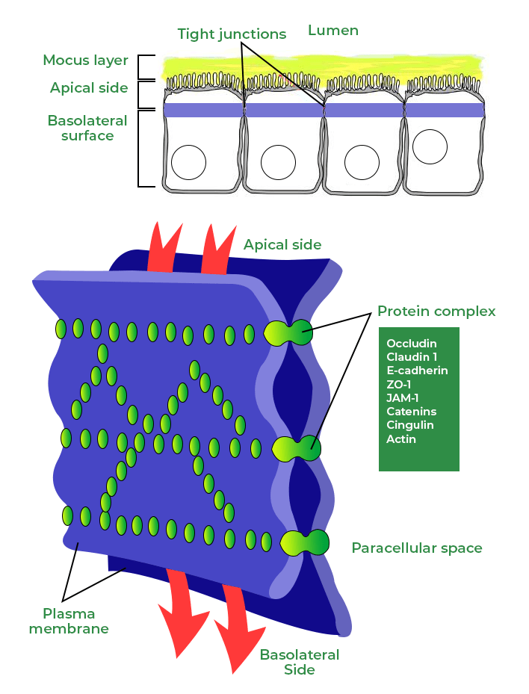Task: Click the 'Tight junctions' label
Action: click(x=232, y=34)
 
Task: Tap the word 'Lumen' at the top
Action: click(x=333, y=31)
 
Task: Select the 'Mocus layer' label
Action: click(x=85, y=60)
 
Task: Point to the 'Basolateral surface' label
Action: click(x=87, y=128)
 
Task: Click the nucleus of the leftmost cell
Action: click(x=188, y=162)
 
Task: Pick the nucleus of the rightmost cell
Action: click(x=430, y=146)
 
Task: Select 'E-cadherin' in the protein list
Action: click(x=417, y=371)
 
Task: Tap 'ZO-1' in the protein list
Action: click(x=400, y=384)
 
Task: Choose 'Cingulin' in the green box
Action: click(x=410, y=425)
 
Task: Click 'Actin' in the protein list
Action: click(x=401, y=439)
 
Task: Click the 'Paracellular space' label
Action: click(x=417, y=548)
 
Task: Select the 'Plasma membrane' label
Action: click(x=69, y=622)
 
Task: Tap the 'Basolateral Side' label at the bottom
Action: click(x=300, y=662)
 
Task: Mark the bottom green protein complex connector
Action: click(x=305, y=542)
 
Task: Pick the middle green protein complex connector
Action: click(x=297, y=449)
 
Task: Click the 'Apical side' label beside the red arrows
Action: click(x=282, y=245)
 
